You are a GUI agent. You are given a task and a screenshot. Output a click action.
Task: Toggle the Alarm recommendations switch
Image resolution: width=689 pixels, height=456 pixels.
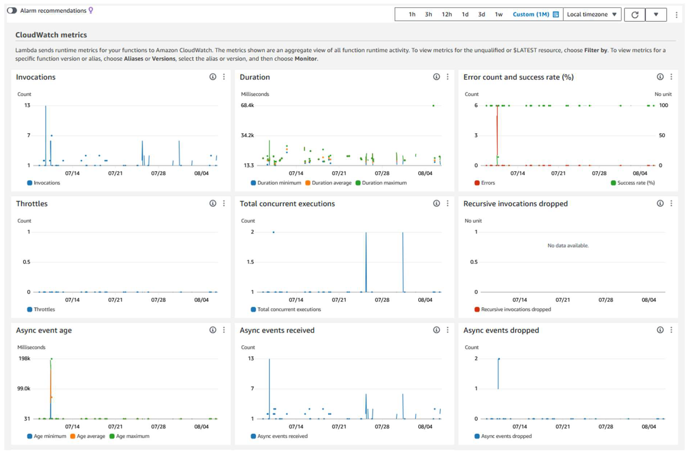click(x=12, y=11)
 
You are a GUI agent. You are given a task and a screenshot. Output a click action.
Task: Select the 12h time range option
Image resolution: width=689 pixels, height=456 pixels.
click(x=447, y=14)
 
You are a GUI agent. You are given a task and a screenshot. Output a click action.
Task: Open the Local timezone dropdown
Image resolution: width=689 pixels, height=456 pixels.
click(x=592, y=14)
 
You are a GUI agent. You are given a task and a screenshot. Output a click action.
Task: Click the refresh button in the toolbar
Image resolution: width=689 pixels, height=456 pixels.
click(x=635, y=14)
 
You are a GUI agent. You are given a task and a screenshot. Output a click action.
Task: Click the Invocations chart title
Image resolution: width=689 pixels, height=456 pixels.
click(x=35, y=77)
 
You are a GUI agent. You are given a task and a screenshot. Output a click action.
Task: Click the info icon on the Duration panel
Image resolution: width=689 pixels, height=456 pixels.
click(x=436, y=77)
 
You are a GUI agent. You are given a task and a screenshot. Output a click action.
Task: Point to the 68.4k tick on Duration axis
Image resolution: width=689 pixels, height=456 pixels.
click(x=247, y=105)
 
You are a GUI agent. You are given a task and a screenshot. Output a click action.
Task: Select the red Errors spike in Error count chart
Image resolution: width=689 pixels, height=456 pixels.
click(x=497, y=131)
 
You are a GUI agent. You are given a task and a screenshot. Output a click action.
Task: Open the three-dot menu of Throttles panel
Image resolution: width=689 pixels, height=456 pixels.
click(x=224, y=203)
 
